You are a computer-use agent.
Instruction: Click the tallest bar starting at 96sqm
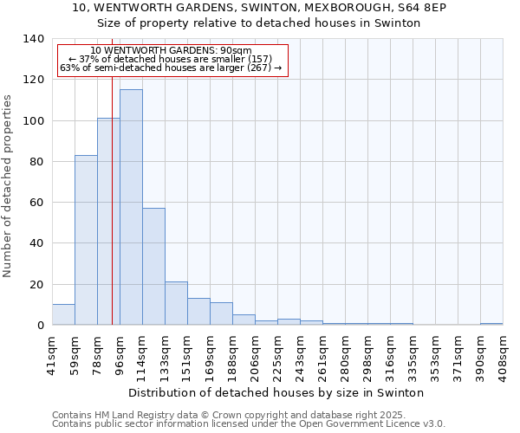click(131, 208)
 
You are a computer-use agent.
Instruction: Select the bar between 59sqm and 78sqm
click(86, 241)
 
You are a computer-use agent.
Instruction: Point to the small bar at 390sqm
click(491, 324)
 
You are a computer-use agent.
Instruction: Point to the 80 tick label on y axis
click(37, 162)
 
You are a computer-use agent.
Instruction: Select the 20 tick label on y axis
click(37, 285)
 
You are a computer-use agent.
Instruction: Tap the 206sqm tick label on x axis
click(255, 352)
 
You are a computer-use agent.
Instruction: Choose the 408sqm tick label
click(503, 352)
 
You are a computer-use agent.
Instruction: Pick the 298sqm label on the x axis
click(367, 352)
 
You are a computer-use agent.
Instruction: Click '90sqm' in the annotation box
click(236, 51)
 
